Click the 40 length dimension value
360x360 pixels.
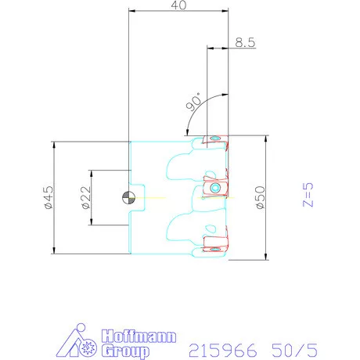pos(178,5)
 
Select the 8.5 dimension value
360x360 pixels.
pos(245,42)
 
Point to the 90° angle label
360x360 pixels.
pos(194,103)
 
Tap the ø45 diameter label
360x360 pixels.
pos(49,197)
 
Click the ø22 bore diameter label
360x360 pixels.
pos(86,197)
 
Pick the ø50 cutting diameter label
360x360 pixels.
pos(261,197)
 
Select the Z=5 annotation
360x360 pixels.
pos(308,195)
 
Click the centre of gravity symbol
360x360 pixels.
pos(129,197)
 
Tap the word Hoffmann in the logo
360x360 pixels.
pos(139,336)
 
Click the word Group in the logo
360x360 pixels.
pos(125,351)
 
